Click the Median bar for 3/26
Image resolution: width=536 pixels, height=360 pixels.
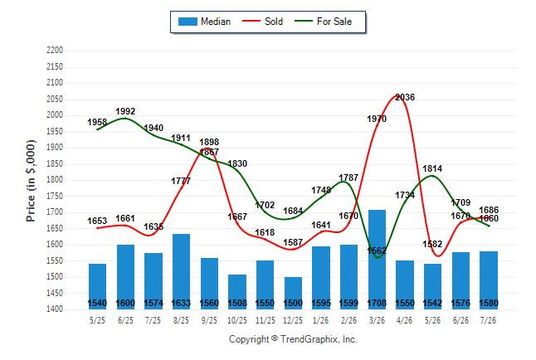click(377, 260)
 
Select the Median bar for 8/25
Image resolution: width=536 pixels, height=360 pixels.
click(181, 272)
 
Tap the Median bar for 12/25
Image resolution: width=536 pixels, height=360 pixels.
click(293, 293)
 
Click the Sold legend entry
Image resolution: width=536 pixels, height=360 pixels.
click(262, 22)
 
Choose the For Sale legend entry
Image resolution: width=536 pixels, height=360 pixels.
click(323, 22)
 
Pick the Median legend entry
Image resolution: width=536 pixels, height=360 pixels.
click(204, 22)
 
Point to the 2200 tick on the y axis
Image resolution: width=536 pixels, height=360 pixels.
click(55, 51)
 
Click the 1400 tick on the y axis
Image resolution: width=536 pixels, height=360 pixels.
click(55, 309)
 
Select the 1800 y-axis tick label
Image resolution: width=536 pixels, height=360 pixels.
click(55, 180)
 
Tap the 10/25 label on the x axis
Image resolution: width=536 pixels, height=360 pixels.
click(237, 320)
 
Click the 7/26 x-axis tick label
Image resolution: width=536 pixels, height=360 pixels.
click(488, 320)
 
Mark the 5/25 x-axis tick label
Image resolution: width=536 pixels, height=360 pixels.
click(97, 320)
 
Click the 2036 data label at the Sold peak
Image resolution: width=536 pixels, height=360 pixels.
click(405, 97)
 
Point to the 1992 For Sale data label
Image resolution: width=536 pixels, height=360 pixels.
click(125, 111)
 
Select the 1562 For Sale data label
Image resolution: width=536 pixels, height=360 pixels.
click(377, 251)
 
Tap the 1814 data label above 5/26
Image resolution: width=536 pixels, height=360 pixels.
click(432, 168)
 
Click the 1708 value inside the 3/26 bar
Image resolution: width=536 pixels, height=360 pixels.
click(377, 304)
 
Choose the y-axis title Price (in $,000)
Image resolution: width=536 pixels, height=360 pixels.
click(31, 181)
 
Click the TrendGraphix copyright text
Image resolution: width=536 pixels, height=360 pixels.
click(293, 339)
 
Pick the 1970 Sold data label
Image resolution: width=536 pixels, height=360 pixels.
click(377, 119)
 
